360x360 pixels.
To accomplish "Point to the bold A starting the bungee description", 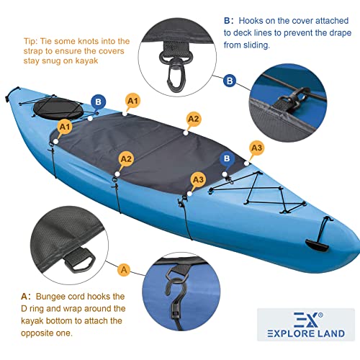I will point(24,296).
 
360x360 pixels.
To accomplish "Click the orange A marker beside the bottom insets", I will point(124,269).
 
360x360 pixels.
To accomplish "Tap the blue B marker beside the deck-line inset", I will point(230,80).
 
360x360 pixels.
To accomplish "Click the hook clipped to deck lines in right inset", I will point(295,96).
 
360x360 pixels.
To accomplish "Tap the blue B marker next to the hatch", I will point(96,102).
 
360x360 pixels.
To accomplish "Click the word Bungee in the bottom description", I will point(54,296).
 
